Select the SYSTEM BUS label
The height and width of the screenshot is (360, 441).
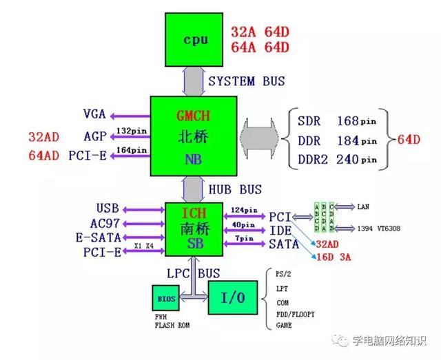[246, 81]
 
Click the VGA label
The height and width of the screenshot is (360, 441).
[94, 114]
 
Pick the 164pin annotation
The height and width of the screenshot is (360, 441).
[132, 149]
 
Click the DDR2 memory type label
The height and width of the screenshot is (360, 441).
[315, 160]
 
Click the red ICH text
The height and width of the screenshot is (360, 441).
[194, 213]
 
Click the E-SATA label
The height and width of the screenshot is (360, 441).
[99, 237]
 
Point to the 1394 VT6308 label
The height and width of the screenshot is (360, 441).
[378, 228]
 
